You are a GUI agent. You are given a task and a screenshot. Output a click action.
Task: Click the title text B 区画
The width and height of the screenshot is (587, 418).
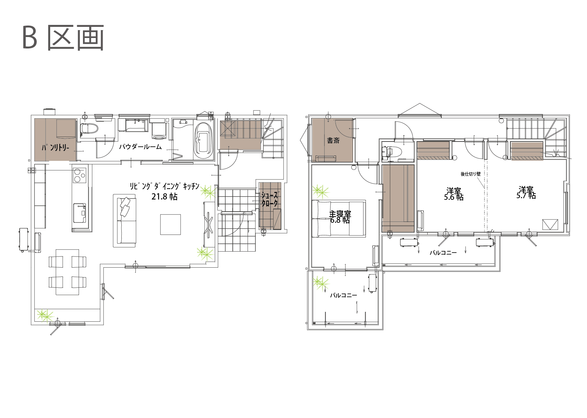point(63,38)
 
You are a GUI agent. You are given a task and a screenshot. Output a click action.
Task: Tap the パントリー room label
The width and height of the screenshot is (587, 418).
point(55,148)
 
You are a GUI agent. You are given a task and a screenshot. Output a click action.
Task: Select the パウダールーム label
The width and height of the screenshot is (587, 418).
point(140,146)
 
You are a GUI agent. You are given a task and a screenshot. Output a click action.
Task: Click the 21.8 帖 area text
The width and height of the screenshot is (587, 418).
point(164,197)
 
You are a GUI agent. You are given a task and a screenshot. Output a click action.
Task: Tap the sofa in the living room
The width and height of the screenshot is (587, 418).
point(125,221)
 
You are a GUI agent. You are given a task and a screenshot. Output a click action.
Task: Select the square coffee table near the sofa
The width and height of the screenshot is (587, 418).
point(171,224)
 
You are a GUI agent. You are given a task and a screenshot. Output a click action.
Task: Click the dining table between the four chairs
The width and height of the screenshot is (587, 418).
point(67,272)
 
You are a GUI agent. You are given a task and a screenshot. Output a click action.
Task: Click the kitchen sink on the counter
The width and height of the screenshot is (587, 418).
point(79,213)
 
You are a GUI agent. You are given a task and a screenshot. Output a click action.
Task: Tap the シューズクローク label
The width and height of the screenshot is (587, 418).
point(270,199)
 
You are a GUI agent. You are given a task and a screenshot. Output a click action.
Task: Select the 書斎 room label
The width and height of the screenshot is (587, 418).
point(334,141)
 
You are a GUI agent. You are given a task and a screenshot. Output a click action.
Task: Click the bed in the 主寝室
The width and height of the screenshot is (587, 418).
point(338,218)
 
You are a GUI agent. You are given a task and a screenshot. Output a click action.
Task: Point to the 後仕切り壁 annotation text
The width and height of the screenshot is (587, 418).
point(471,174)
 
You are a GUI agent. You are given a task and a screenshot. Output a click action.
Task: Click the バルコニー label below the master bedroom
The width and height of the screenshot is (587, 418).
point(343,295)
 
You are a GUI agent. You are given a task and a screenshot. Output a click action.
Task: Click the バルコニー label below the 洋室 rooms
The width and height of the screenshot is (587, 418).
point(443,253)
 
